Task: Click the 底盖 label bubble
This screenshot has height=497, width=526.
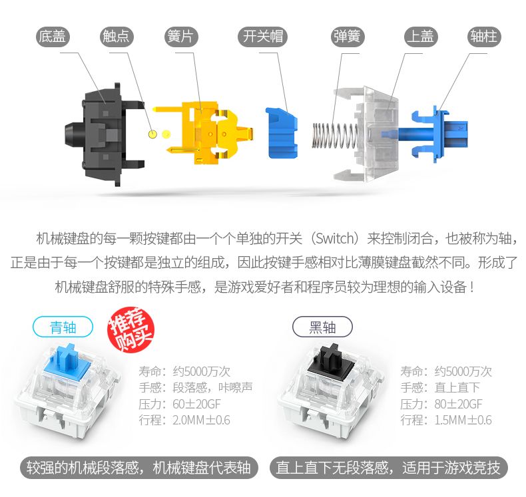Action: click(53, 37)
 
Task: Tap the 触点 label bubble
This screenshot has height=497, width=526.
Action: click(117, 37)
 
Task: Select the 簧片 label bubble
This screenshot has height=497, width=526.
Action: click(181, 37)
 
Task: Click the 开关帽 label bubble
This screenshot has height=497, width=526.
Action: click(262, 37)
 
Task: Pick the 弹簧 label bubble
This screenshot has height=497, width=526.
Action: click(347, 37)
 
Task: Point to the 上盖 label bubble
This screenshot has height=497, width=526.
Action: click(421, 37)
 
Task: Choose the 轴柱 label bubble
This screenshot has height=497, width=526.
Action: click(484, 37)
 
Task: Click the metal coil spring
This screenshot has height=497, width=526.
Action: click(336, 135)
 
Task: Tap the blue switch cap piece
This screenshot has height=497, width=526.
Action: click(282, 132)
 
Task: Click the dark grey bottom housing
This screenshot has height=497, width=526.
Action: click(104, 134)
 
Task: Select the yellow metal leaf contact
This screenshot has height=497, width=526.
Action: click(202, 133)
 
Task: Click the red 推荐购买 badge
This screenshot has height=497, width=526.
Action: click(131, 329)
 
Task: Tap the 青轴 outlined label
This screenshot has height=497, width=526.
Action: click(63, 327)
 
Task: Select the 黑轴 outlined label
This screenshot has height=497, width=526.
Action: click(322, 327)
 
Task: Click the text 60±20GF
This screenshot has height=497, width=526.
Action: click(196, 404)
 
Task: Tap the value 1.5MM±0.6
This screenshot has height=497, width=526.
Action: click(463, 420)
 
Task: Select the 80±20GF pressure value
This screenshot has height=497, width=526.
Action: click(458, 404)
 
